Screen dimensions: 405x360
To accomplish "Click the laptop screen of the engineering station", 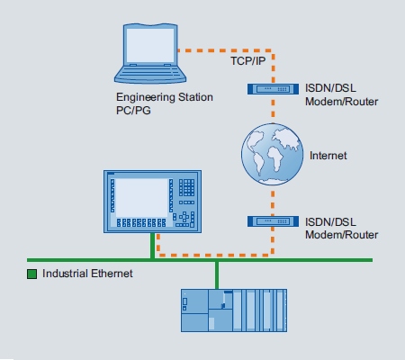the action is [x=150, y=46].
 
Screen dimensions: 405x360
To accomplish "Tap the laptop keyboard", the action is [x=150, y=71].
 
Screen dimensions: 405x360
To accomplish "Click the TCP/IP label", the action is [x=248, y=61].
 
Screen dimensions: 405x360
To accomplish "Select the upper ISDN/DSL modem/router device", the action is [x=273, y=89].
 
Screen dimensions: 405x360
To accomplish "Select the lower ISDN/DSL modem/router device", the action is [x=273, y=221].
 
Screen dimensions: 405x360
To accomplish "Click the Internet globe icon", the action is [x=273, y=154].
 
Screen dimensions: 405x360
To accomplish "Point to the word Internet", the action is [x=328, y=156].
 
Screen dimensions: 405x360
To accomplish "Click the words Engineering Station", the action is [x=165, y=97].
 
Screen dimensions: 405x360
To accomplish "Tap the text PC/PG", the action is [x=133, y=111].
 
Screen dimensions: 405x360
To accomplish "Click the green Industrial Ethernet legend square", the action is [x=31, y=274].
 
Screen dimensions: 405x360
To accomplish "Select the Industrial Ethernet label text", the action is [x=87, y=274].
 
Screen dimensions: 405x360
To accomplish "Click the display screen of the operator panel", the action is [x=141, y=198].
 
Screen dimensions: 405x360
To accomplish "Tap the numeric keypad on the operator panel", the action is [x=186, y=187].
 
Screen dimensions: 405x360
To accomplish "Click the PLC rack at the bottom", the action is [x=234, y=310].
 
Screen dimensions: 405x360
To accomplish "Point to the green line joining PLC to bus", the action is [x=217, y=275].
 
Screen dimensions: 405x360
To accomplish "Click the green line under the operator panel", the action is [x=152, y=246].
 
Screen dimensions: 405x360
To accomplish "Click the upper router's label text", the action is [x=341, y=94].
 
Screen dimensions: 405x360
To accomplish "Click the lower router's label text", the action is [x=341, y=229].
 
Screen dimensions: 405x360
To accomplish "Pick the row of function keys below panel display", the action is [x=141, y=222].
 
